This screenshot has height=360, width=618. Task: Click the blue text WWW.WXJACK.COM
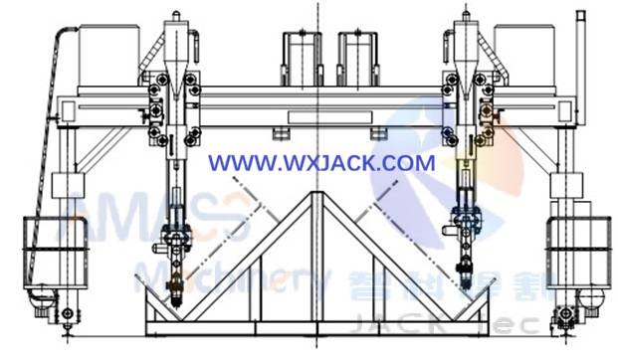tap(321, 161)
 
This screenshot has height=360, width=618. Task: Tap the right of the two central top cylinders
tap(355, 58)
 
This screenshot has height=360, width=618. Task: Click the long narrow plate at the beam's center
tap(318, 117)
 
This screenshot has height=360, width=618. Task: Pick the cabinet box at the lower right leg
tap(576, 244)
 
